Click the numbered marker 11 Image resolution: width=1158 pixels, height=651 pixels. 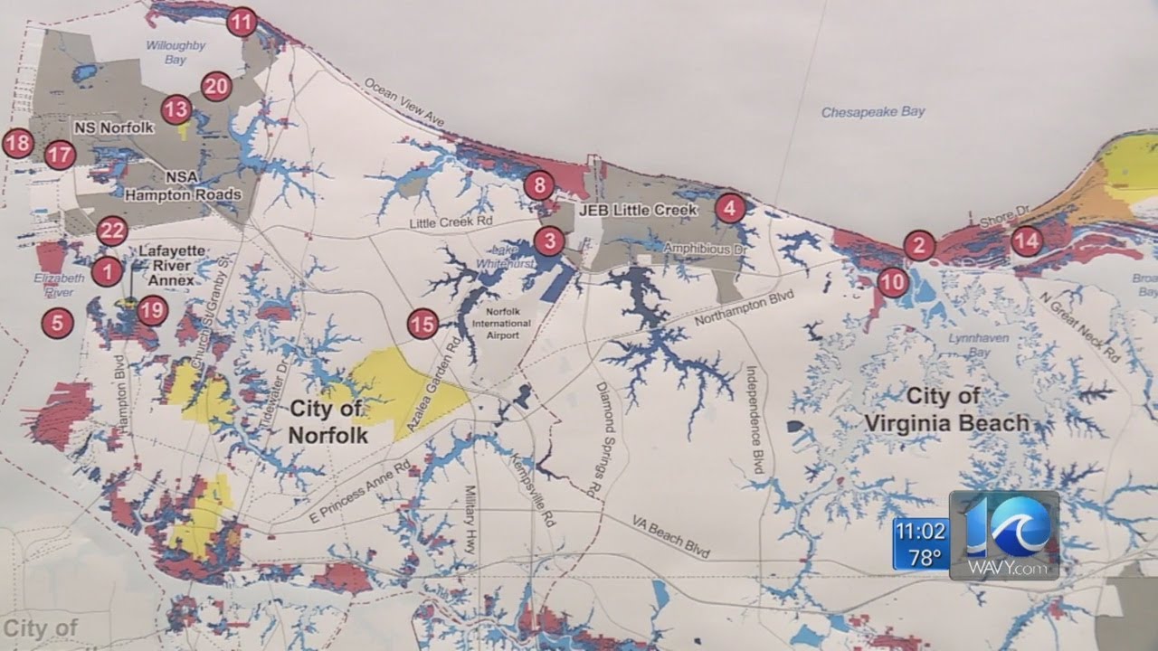242,21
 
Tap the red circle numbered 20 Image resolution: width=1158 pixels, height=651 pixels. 217,86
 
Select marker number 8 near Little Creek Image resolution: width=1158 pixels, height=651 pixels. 539,186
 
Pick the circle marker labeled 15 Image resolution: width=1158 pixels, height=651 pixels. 422,323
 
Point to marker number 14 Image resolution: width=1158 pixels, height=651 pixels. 1026,241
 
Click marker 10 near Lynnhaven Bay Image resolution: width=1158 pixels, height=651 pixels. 893,282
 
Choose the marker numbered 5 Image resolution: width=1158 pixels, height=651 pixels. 57,322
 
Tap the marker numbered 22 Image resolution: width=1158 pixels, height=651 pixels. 111,231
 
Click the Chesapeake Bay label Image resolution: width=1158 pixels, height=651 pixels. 873,112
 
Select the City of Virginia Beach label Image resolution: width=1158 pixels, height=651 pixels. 945,410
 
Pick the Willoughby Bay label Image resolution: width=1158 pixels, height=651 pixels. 176,52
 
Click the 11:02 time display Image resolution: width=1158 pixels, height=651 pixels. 920,531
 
